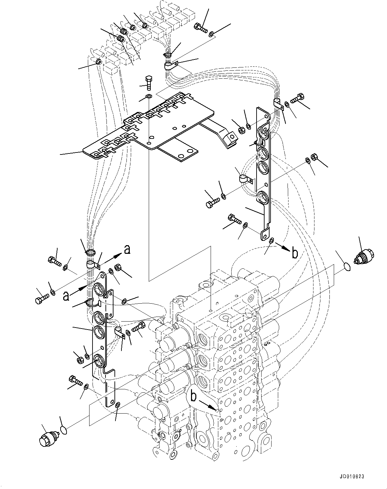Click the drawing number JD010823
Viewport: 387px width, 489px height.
tap(352, 476)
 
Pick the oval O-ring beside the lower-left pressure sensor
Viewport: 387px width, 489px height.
tap(65, 431)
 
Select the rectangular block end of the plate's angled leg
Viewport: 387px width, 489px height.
tap(230, 140)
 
